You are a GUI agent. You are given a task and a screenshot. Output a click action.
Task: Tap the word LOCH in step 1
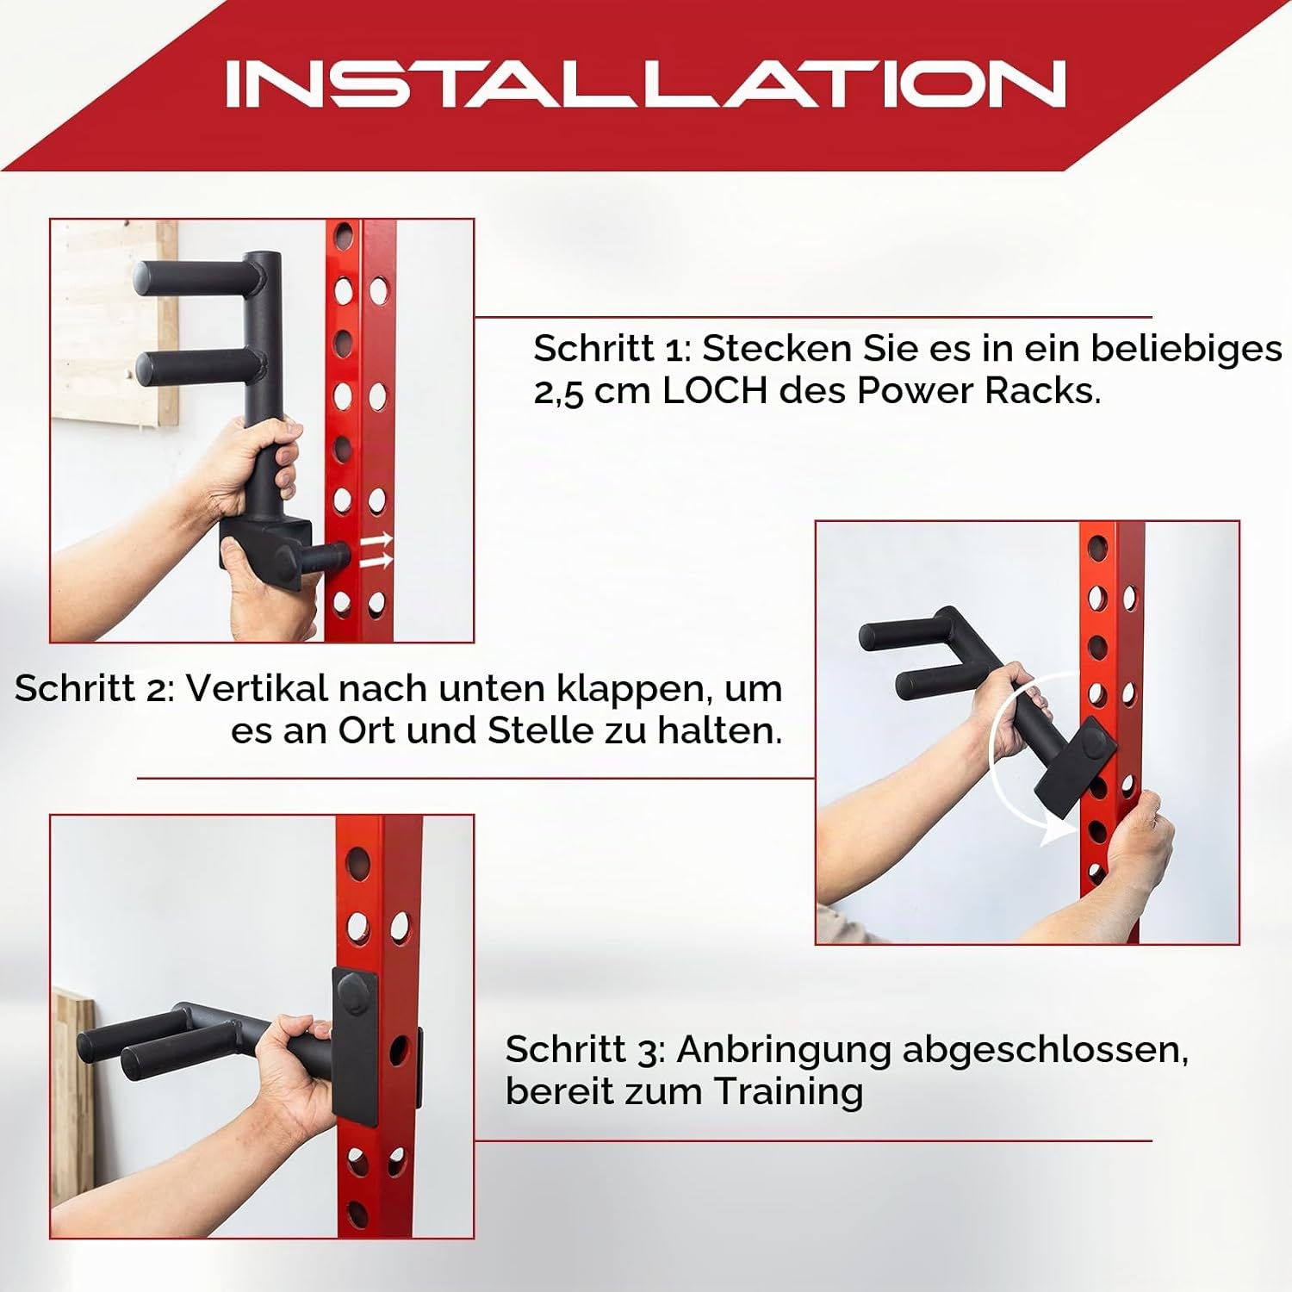pyautogui.click(x=715, y=391)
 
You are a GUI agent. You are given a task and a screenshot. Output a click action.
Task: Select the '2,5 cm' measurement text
pyautogui.click(x=593, y=392)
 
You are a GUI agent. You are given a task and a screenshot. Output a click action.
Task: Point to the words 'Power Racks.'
pyautogui.click(x=979, y=391)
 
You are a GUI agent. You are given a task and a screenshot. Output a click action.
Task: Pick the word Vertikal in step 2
pyautogui.click(x=258, y=688)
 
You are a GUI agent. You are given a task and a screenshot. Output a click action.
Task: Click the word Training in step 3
pyautogui.click(x=788, y=1092)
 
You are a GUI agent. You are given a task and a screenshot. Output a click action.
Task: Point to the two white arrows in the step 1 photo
pyautogui.click(x=376, y=550)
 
